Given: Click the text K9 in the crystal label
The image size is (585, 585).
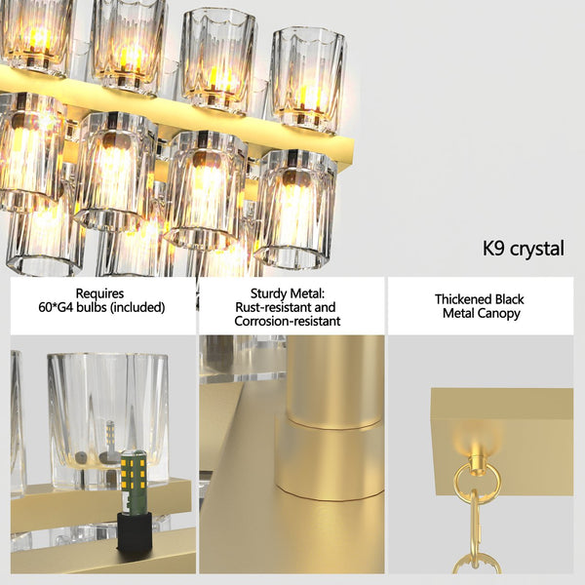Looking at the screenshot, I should tap(495, 249).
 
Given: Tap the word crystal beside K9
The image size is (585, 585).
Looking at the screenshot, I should tap(537, 250).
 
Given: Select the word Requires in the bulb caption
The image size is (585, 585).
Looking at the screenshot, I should tap(99, 292).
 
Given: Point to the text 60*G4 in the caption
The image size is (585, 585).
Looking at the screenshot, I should tap(60, 307).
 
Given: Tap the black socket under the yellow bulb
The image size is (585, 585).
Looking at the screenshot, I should tap(135, 531).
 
